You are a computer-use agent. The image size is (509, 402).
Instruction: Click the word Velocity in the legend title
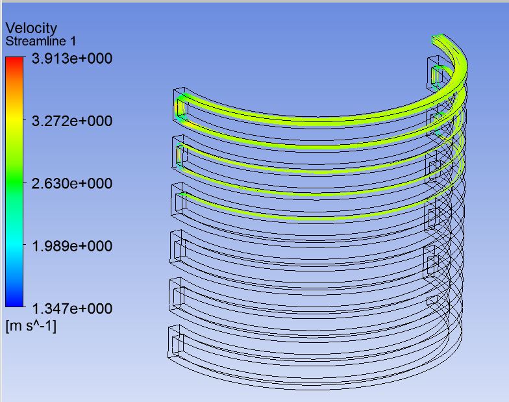[x=31, y=29]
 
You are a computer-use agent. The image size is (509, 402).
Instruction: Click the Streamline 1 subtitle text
[x=41, y=42]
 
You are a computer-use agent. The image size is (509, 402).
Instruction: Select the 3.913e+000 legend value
[x=72, y=58]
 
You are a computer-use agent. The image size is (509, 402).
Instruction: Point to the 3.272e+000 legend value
[x=72, y=121]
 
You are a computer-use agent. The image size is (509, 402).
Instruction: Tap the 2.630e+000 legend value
[x=72, y=183]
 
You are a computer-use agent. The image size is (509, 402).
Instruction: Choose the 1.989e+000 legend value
[x=72, y=245]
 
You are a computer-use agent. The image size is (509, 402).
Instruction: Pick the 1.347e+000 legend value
[x=72, y=308]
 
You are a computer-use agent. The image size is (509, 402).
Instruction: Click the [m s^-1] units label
[x=31, y=326]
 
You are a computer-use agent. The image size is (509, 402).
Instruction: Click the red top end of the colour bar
[x=14, y=60]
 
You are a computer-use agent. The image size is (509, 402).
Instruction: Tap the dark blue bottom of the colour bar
[x=14, y=303]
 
